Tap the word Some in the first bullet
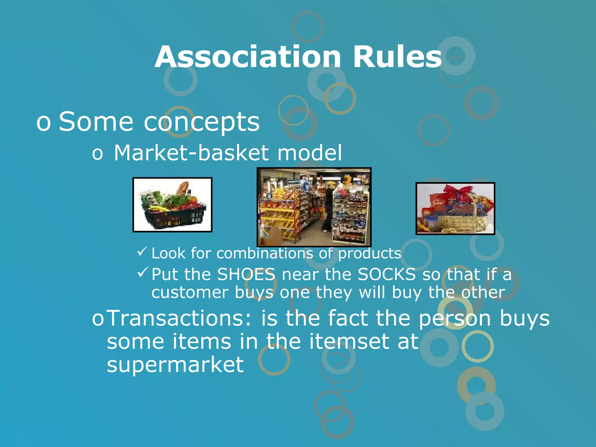[x=96, y=122]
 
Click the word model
[x=309, y=153]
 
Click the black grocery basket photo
[x=172, y=205]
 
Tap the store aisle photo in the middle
[x=314, y=207]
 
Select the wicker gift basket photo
[x=455, y=208]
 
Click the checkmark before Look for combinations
[x=143, y=251]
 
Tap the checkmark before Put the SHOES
[x=143, y=272]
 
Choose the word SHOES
[x=246, y=274]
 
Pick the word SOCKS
[x=386, y=274]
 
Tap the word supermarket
[x=175, y=365]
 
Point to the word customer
[x=190, y=292]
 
